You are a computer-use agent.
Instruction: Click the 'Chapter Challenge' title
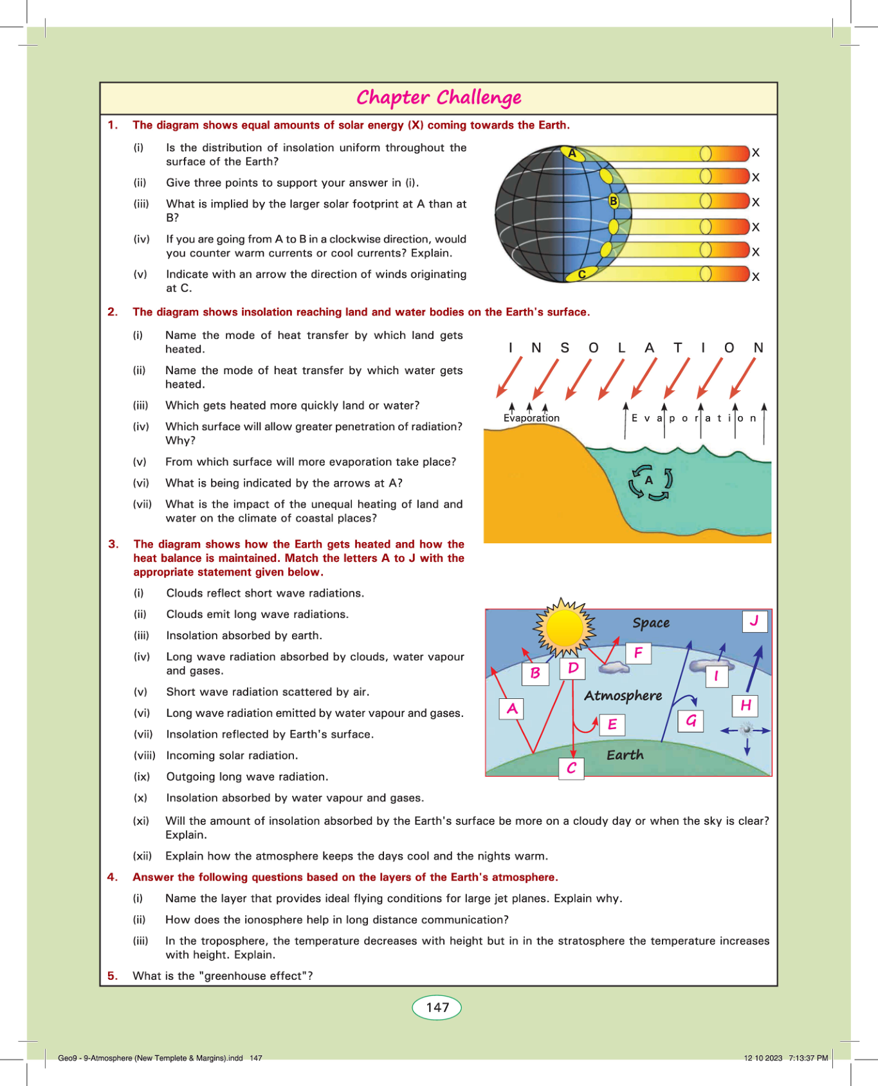tap(439, 98)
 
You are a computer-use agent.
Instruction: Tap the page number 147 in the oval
tap(437, 1008)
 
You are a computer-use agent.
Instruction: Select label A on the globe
tap(572, 154)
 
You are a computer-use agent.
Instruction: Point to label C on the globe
tap(581, 275)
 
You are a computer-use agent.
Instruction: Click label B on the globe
tap(614, 201)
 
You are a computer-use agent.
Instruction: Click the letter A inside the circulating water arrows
tap(649, 480)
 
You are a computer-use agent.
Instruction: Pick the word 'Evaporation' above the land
tap(531, 418)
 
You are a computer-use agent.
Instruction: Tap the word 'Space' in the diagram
tap(651, 622)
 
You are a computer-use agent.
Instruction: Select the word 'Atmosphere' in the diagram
tap(623, 696)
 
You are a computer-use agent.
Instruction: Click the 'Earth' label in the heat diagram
tap(625, 755)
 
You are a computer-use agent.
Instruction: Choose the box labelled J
tap(755, 621)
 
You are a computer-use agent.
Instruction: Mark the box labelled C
tap(571, 768)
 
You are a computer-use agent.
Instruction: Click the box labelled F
tap(638, 653)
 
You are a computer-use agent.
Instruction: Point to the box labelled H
tap(745, 705)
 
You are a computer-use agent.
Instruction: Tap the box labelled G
tap(691, 721)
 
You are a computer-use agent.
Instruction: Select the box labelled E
tap(612, 725)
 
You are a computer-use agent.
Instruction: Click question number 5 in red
tap(113, 976)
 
